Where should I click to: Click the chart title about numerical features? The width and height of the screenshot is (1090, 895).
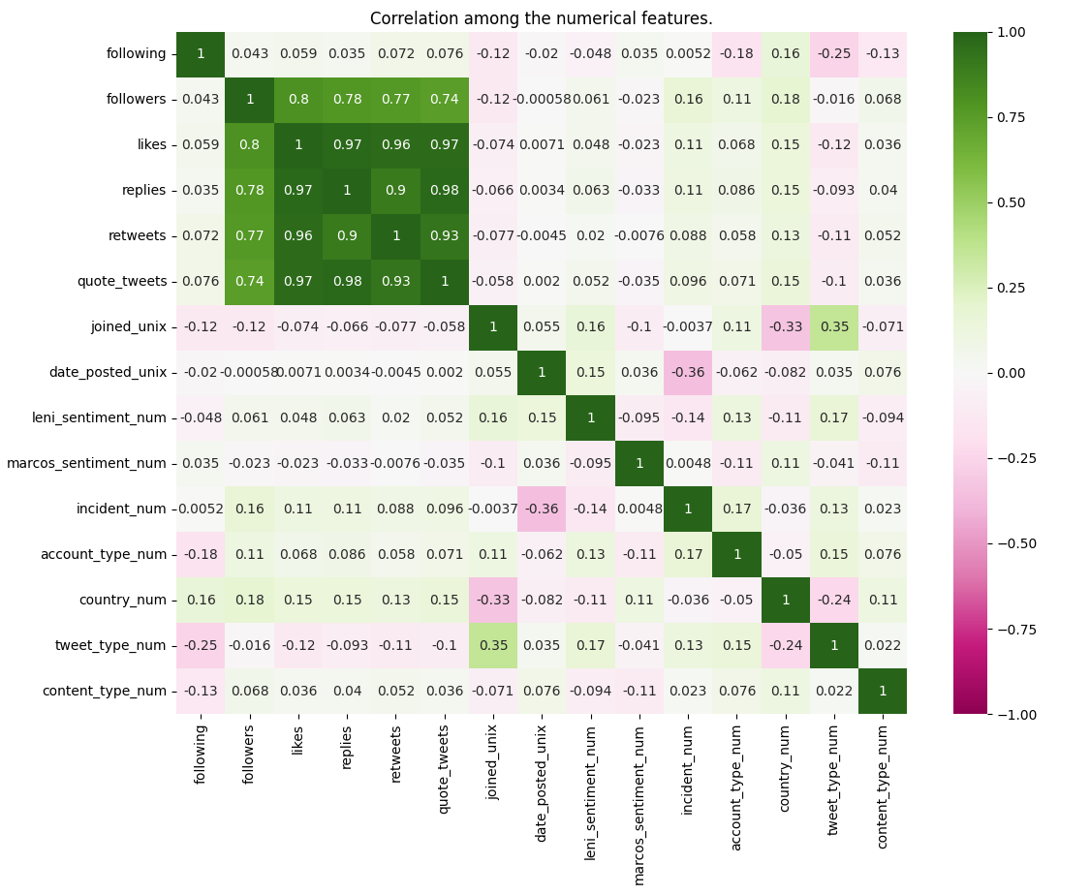(541, 18)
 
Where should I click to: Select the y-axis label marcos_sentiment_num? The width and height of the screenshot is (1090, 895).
(86, 463)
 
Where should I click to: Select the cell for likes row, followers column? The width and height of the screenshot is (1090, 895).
(249, 145)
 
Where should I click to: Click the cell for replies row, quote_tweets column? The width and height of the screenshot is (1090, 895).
(444, 191)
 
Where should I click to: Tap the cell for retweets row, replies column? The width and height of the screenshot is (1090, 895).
(347, 236)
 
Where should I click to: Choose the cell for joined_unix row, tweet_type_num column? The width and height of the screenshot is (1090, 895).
(833, 326)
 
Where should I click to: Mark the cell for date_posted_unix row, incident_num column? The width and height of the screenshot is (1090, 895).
(688, 372)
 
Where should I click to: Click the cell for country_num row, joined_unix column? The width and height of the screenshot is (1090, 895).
(492, 600)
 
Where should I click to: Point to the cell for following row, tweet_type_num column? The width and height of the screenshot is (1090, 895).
(833, 54)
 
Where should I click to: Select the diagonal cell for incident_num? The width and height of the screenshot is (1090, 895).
(688, 509)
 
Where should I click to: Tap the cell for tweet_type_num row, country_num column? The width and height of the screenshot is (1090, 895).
(785, 645)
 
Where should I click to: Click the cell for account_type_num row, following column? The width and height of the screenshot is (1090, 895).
(201, 554)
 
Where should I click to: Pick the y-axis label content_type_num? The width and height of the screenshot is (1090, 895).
(105, 691)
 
